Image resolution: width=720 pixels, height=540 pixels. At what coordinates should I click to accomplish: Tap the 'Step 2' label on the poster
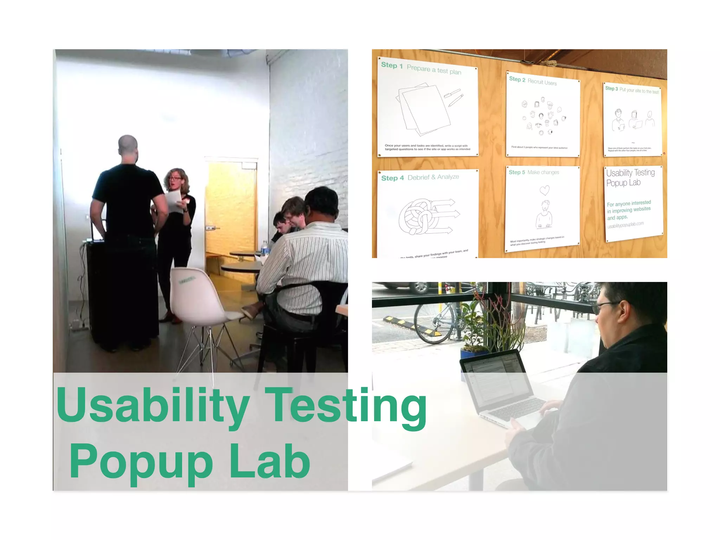[x=517, y=79]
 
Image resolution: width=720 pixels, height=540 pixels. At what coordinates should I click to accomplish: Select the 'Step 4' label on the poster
[x=392, y=178]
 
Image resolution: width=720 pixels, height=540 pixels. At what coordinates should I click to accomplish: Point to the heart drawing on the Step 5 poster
[x=545, y=190]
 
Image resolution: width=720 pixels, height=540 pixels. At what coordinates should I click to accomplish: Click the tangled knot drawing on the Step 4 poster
[x=418, y=216]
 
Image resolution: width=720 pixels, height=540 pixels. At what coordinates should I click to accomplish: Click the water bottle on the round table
[x=265, y=247]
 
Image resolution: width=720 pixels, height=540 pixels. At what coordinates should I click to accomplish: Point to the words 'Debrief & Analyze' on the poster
[x=433, y=177]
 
